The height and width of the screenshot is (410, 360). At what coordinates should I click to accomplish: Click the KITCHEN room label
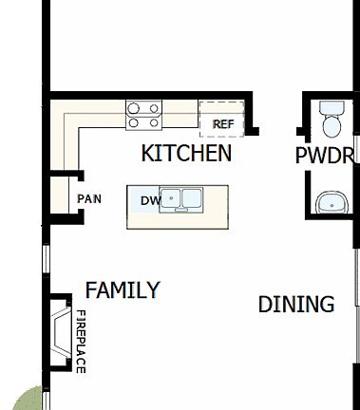coord(186,153)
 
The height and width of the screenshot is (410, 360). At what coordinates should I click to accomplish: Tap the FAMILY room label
coord(123,290)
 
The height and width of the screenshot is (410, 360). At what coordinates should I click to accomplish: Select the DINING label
coord(296,305)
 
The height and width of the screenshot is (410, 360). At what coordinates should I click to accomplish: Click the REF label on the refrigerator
coord(223,123)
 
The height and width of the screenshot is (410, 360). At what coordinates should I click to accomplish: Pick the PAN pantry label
coord(89,199)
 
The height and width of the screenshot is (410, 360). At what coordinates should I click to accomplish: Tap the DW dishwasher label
coord(149,201)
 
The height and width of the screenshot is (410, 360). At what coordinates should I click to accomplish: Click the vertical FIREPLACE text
coord(81,341)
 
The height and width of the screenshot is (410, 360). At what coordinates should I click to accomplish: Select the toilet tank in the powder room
coord(332,106)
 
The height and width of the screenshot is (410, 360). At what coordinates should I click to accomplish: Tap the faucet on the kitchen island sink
coord(181,193)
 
